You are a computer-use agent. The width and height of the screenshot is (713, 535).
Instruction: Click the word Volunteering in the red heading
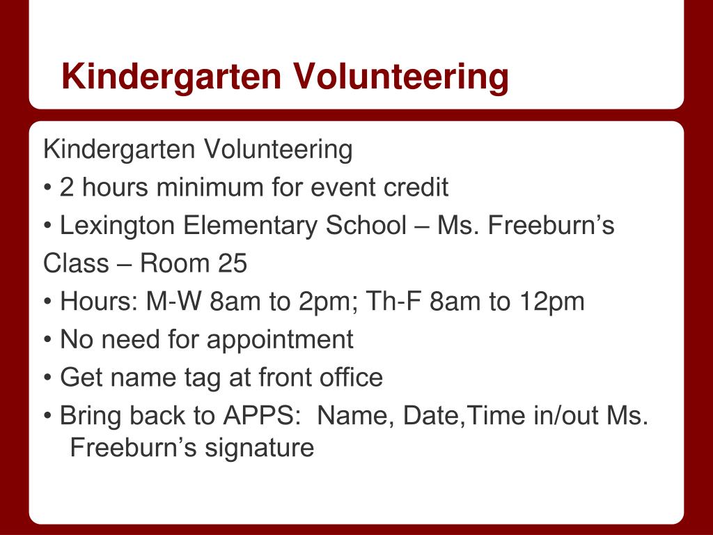[x=400, y=77]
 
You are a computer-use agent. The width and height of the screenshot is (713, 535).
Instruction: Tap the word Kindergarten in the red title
[x=171, y=77]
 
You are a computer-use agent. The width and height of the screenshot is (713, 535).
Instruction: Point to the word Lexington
[x=117, y=226]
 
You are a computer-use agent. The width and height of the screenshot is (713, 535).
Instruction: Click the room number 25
[x=233, y=263]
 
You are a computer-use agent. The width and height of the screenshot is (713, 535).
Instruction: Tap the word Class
[x=76, y=263]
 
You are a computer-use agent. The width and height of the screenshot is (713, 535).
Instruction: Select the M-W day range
[x=173, y=301]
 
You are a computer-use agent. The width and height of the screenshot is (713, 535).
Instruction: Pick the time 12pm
[x=552, y=302]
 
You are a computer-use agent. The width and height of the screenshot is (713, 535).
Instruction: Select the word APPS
[x=258, y=415]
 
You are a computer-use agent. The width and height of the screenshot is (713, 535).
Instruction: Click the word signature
[x=259, y=448]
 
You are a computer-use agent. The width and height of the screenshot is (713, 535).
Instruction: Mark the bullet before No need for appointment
[x=48, y=340]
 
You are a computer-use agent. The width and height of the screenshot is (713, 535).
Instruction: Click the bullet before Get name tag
[x=48, y=378]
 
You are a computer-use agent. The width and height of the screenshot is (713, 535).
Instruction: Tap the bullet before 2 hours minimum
[x=48, y=187]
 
